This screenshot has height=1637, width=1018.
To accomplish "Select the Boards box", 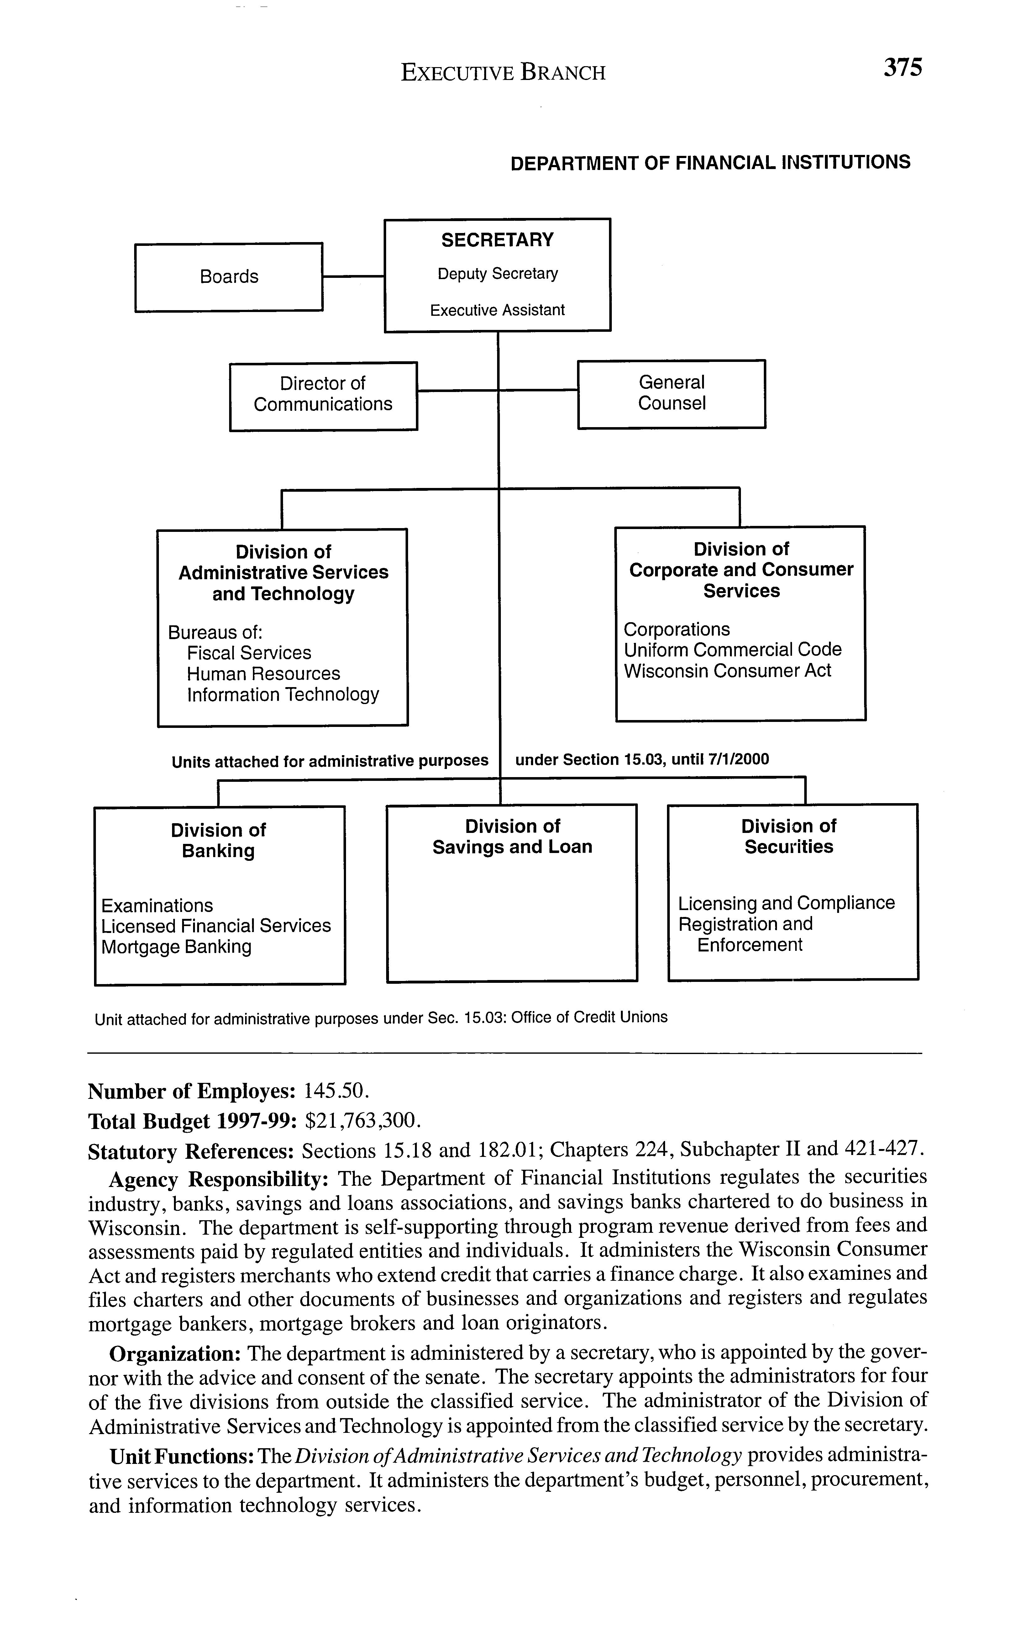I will [229, 277].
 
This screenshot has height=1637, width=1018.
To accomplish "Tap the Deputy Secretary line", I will [497, 273].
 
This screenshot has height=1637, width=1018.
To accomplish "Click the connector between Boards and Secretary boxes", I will [353, 276].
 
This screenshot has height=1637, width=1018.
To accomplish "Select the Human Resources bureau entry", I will [263, 674].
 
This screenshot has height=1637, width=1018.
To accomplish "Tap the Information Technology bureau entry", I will [283, 695].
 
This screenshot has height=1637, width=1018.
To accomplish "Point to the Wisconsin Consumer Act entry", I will [727, 671].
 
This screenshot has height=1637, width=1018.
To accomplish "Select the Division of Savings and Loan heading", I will [512, 837].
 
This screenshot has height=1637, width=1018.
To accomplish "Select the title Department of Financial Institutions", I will [710, 163].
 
